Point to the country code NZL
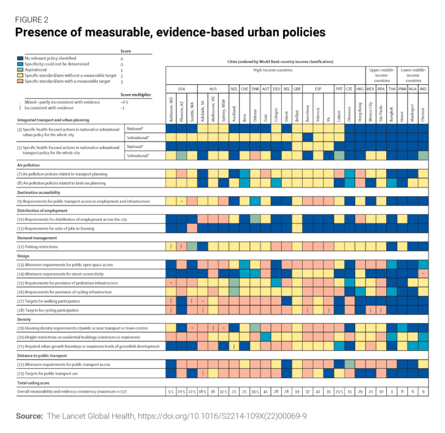click(x=234, y=89)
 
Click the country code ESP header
click(x=318, y=89)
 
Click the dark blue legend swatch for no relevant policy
click(x=20, y=59)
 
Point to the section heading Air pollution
click(x=29, y=165)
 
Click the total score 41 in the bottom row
click(x=265, y=391)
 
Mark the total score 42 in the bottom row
click(x=318, y=391)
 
